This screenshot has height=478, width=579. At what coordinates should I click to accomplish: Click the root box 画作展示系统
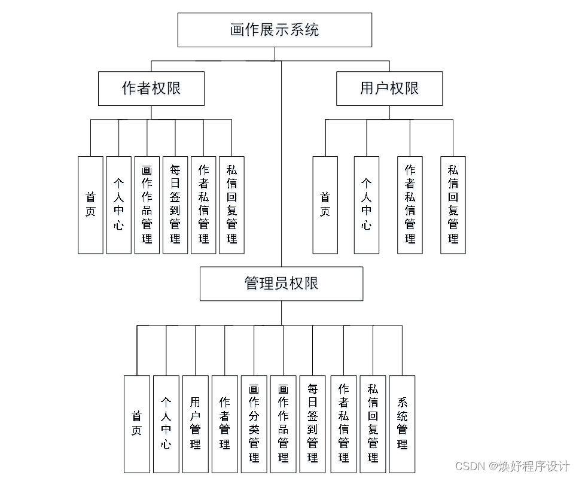[x=275, y=30]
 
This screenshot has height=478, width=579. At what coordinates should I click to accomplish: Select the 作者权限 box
[x=151, y=89]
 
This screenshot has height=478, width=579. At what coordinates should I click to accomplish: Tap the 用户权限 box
[x=389, y=89]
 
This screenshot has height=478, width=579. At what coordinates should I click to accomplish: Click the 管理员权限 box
[x=281, y=284]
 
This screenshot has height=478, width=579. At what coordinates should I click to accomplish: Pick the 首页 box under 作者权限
[x=90, y=205]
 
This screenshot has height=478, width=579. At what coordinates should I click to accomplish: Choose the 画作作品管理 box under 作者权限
[x=147, y=205]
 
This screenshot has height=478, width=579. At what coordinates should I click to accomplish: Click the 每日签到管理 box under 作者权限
[x=175, y=205]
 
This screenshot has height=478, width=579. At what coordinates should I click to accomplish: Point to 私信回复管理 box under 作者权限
[x=231, y=205]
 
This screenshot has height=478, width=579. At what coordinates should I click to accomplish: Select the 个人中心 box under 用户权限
[x=366, y=205]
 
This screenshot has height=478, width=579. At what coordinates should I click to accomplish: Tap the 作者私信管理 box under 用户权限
[x=410, y=205]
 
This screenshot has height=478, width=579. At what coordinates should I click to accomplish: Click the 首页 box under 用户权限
[x=325, y=205]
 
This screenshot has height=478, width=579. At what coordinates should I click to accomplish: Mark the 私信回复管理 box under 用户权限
[x=453, y=205]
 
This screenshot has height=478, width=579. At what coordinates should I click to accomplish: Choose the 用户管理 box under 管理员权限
[x=195, y=424]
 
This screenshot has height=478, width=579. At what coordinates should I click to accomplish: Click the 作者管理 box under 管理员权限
[x=224, y=424]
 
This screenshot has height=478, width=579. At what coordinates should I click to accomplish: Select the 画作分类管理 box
[x=254, y=424]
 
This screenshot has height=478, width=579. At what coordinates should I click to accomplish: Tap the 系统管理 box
[x=402, y=424]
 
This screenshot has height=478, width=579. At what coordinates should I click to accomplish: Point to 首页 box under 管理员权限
[x=136, y=424]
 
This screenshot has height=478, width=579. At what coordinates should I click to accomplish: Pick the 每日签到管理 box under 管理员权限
[x=312, y=424]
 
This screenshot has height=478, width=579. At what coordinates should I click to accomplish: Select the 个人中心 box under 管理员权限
[x=166, y=424]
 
